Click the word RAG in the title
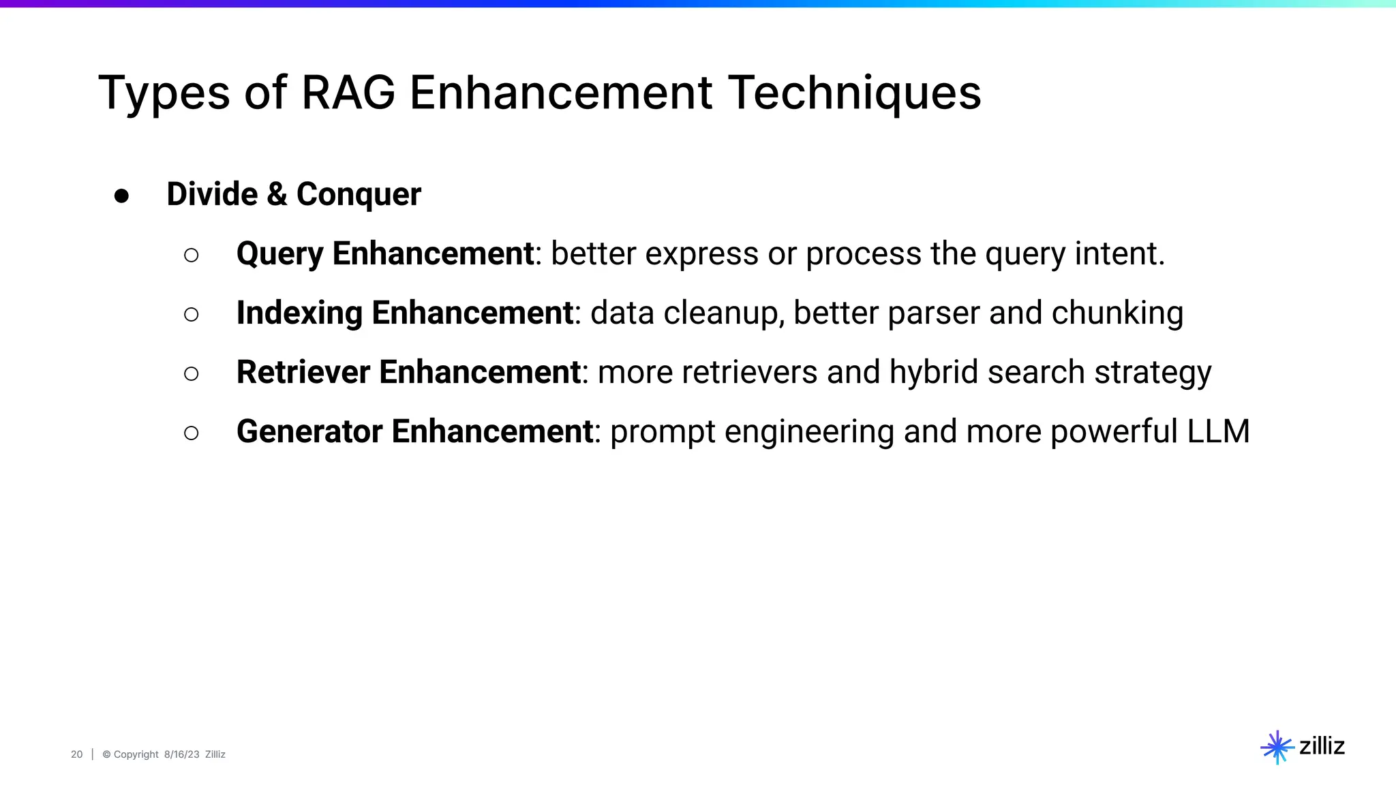[348, 93]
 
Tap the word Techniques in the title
[855, 93]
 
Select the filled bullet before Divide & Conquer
[122, 196]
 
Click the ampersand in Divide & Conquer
[277, 194]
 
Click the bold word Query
[279, 255]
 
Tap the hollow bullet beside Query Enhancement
[192, 255]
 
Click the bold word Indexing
[299, 313]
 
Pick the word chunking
[1117, 313]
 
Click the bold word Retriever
[303, 373]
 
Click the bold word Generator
[309, 432]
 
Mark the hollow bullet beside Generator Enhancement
[192, 433]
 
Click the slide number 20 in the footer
[76, 754]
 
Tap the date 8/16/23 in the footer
[181, 754]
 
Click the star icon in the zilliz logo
[1277, 748]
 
